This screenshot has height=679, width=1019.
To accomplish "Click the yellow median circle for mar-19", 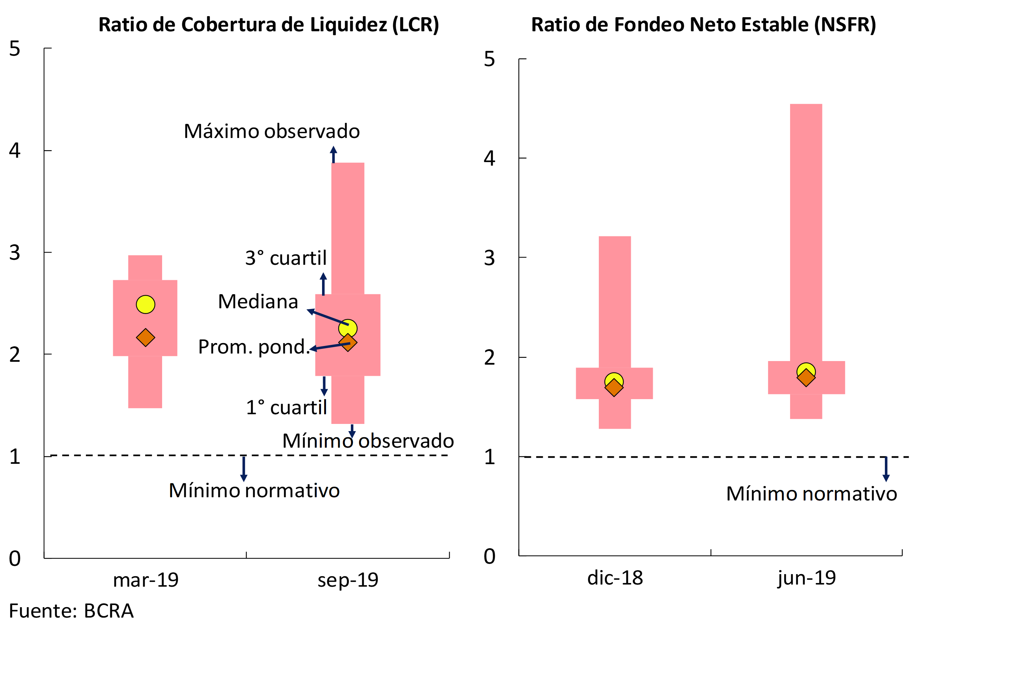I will (x=146, y=304).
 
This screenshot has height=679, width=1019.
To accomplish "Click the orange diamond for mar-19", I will (x=146, y=337).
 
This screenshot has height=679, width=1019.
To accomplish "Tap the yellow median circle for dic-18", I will (x=614, y=381).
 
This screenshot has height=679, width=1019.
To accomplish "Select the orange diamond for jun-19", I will (x=806, y=378).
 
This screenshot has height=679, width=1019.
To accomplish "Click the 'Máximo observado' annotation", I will (x=272, y=131).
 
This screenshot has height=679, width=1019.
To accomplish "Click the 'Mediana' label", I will (x=258, y=301).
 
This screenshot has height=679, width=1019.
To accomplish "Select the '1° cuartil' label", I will (x=286, y=407).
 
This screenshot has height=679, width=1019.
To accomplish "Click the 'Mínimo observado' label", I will (x=368, y=441).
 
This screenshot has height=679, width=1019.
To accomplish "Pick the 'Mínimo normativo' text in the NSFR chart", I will (x=812, y=494).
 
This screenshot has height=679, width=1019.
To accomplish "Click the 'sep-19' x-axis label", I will (x=348, y=580).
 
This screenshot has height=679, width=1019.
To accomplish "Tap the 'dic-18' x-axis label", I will (x=615, y=578).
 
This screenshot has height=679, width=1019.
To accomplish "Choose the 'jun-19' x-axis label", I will (x=806, y=578).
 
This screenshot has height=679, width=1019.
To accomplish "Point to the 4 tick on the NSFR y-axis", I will (x=489, y=158).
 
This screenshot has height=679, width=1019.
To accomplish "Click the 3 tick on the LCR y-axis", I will (x=15, y=253).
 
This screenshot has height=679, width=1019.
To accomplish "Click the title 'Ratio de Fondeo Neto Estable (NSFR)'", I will (x=704, y=25).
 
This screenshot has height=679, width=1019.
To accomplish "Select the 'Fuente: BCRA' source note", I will (x=71, y=611).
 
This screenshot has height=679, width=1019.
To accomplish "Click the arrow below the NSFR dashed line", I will (x=886, y=469).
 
